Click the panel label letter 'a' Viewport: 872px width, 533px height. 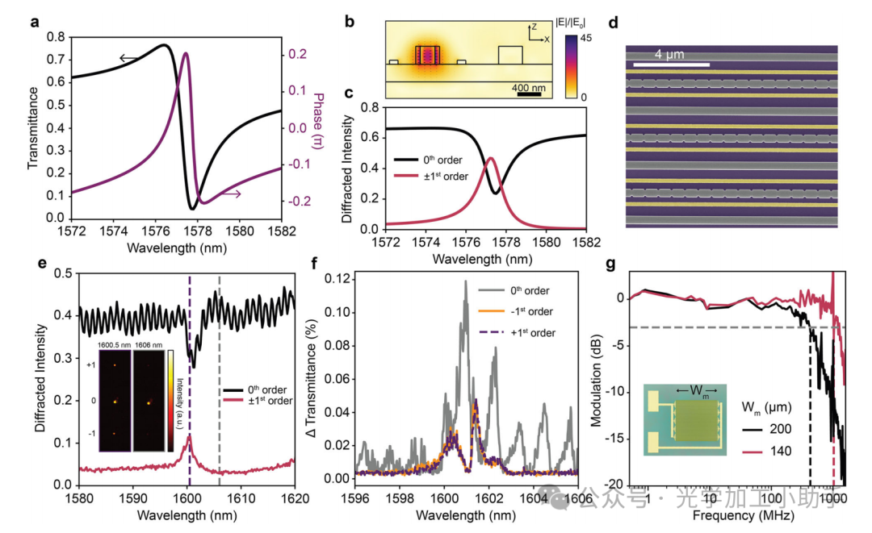pyautogui.click(x=35, y=22)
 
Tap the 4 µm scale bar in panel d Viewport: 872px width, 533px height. pyautogui.click(x=670, y=64)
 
